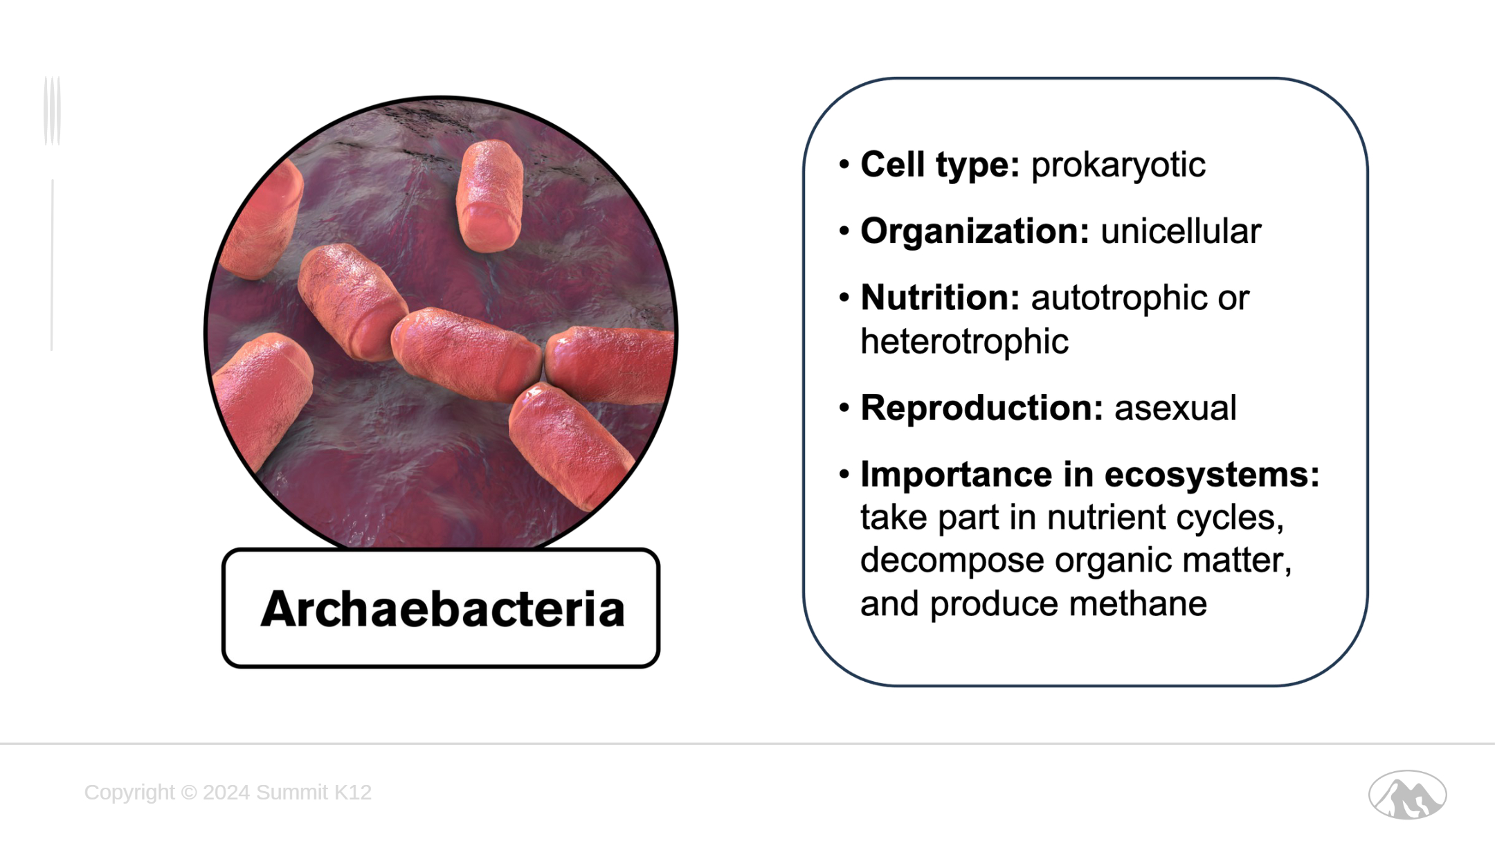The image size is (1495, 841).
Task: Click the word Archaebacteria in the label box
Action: (442, 609)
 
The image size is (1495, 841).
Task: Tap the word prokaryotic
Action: (1118, 165)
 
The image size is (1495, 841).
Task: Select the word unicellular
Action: (1181, 231)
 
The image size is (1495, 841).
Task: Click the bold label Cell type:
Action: (940, 165)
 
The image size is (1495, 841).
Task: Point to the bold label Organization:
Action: (975, 232)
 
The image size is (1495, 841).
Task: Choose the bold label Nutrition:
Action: (940, 298)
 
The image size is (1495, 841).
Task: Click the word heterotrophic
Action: (964, 341)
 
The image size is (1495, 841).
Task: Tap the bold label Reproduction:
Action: (981, 408)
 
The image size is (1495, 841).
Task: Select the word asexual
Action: (1175, 408)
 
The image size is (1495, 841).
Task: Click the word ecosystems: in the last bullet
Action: (1212, 476)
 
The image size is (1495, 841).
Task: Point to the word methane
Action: (1138, 604)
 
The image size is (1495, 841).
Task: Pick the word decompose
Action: (952, 561)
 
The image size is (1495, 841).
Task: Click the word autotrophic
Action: (1118, 298)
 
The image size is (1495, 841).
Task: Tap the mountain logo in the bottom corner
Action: (1407, 795)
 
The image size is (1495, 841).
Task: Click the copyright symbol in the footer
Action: (189, 792)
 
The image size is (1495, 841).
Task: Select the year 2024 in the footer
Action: (226, 792)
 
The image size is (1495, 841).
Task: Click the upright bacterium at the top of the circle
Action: (489, 196)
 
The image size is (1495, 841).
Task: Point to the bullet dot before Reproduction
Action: (844, 408)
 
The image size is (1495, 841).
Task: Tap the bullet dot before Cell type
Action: (844, 165)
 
